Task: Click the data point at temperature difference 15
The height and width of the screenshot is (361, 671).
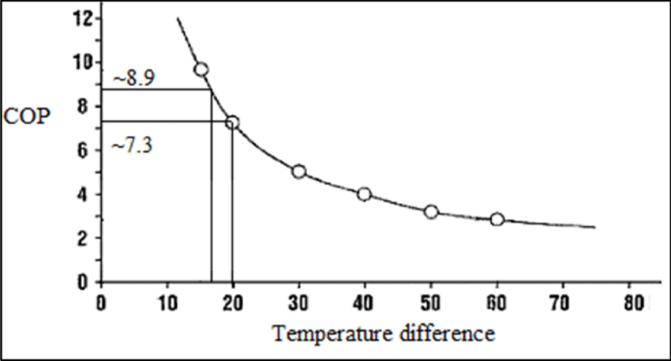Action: point(201,70)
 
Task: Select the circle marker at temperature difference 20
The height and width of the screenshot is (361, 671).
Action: point(232,122)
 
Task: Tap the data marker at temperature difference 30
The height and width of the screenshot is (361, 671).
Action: point(298,171)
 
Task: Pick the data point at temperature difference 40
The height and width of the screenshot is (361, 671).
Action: point(364,194)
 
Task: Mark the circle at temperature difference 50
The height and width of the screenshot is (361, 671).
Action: point(430,212)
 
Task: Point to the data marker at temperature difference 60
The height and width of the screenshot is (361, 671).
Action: point(497,219)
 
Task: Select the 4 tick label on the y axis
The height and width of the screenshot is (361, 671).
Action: point(86,194)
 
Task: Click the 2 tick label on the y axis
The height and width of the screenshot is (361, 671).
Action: point(86,238)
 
